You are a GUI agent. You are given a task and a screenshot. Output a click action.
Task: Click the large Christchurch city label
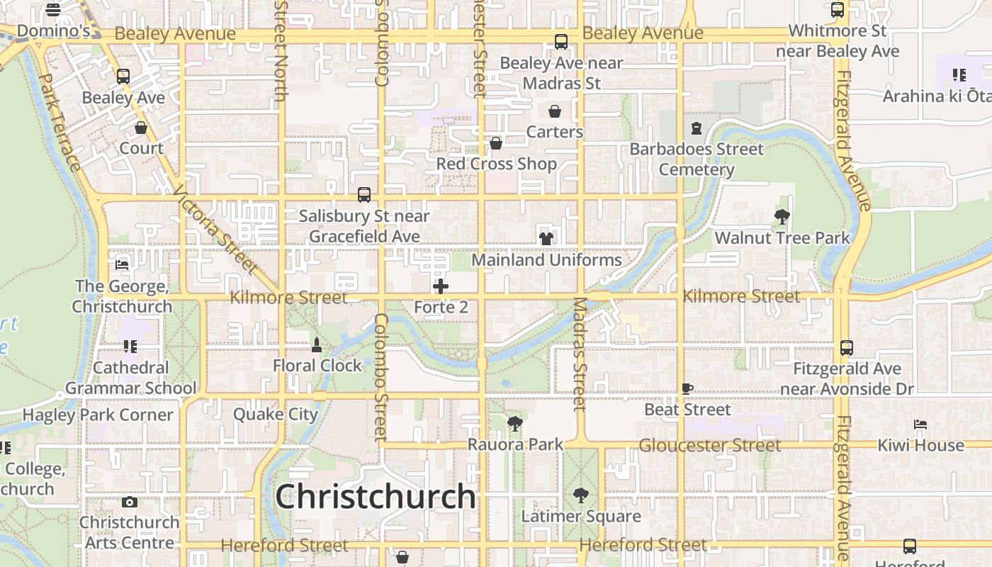tap(376, 497)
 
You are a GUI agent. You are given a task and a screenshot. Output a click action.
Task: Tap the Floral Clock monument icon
tap(317, 345)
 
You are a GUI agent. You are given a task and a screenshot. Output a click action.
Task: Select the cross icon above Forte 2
tap(441, 286)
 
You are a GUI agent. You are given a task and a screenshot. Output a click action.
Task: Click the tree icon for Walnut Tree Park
tap(782, 217)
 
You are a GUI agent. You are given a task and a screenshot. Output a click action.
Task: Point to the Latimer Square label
tap(581, 517)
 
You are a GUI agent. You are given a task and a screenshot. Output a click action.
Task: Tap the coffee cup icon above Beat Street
tap(687, 388)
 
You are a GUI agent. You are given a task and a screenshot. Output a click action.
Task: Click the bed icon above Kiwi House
tap(920, 425)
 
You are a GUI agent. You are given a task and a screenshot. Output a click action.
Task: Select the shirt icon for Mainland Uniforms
tap(546, 238)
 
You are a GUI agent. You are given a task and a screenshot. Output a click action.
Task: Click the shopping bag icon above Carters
tap(555, 111)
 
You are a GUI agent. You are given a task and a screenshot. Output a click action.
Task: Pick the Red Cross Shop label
tap(496, 164)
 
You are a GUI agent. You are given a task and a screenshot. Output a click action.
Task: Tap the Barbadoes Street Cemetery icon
tap(696, 128)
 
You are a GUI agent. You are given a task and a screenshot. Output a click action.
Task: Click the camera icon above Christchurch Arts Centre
tap(129, 502)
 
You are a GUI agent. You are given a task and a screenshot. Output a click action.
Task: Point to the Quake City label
tap(276, 414)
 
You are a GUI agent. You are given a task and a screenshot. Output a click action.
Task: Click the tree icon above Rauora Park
tap(515, 424)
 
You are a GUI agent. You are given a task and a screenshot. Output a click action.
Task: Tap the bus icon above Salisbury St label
tap(364, 194)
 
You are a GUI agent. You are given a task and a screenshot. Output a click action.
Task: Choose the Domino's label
tap(53, 31)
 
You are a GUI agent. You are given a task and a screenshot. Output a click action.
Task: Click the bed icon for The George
tap(122, 264)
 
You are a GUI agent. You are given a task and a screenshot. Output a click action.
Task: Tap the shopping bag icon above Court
tap(141, 128)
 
